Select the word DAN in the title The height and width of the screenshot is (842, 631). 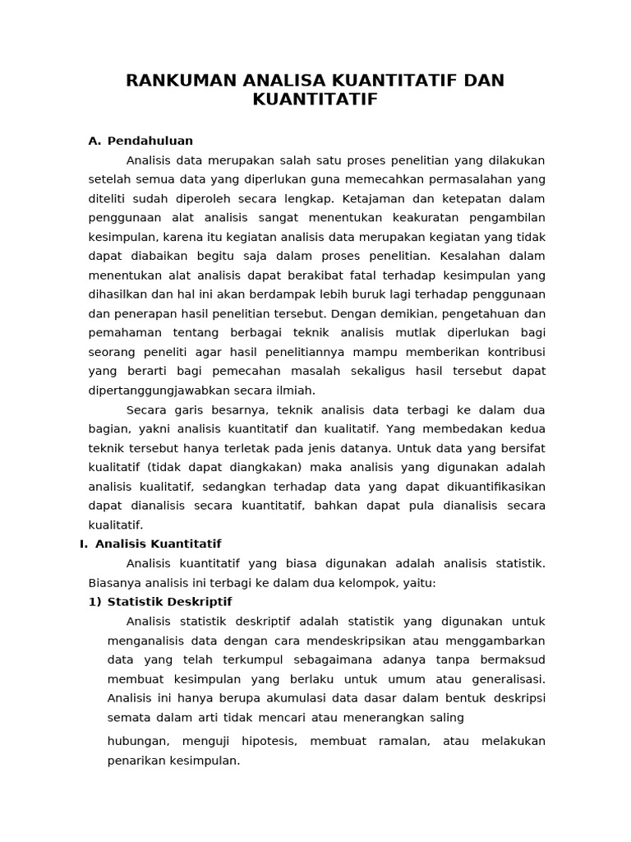click(x=484, y=81)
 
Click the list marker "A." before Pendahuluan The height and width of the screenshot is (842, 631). click(x=94, y=141)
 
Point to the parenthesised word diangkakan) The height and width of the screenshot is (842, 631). click(x=260, y=467)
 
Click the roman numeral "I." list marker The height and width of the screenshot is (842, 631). click(x=84, y=544)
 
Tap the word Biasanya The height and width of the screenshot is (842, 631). click(x=115, y=582)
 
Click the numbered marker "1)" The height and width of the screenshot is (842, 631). click(x=95, y=601)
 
